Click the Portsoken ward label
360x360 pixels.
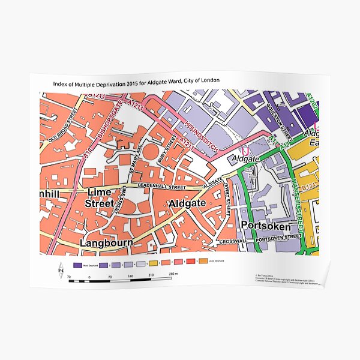265,227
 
